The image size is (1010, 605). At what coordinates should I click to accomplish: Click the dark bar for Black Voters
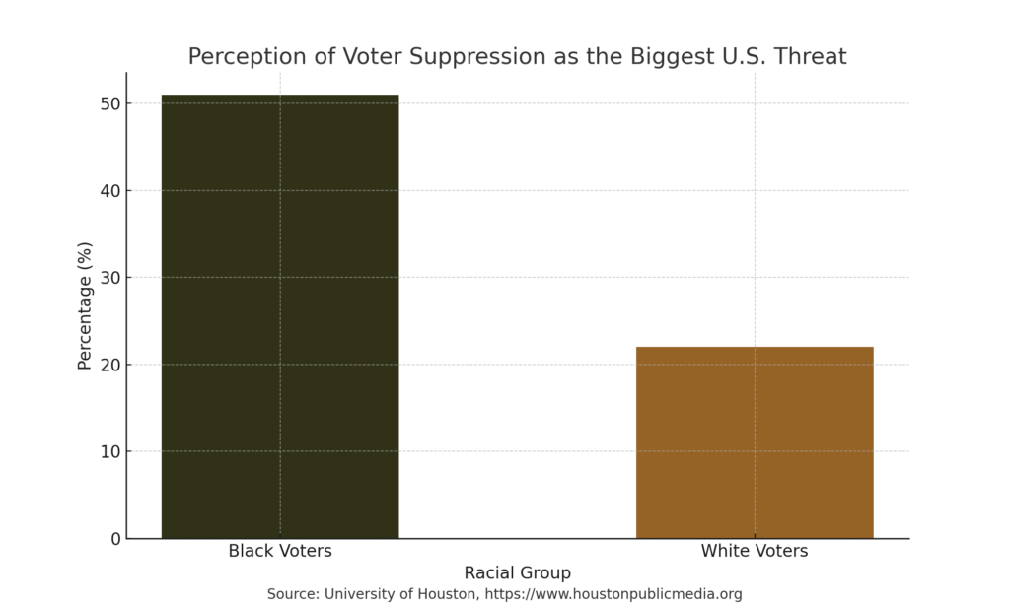[x=280, y=315]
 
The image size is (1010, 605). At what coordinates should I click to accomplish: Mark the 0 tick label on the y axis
[x=114, y=539]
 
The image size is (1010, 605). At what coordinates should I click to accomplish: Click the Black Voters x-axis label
[x=280, y=551]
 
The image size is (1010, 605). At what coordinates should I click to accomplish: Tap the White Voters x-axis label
[x=755, y=551]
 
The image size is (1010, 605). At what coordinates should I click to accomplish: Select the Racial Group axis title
[x=517, y=572]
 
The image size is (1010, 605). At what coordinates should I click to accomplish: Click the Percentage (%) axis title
[x=85, y=305]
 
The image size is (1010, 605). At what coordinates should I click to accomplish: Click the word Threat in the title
[x=811, y=56]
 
